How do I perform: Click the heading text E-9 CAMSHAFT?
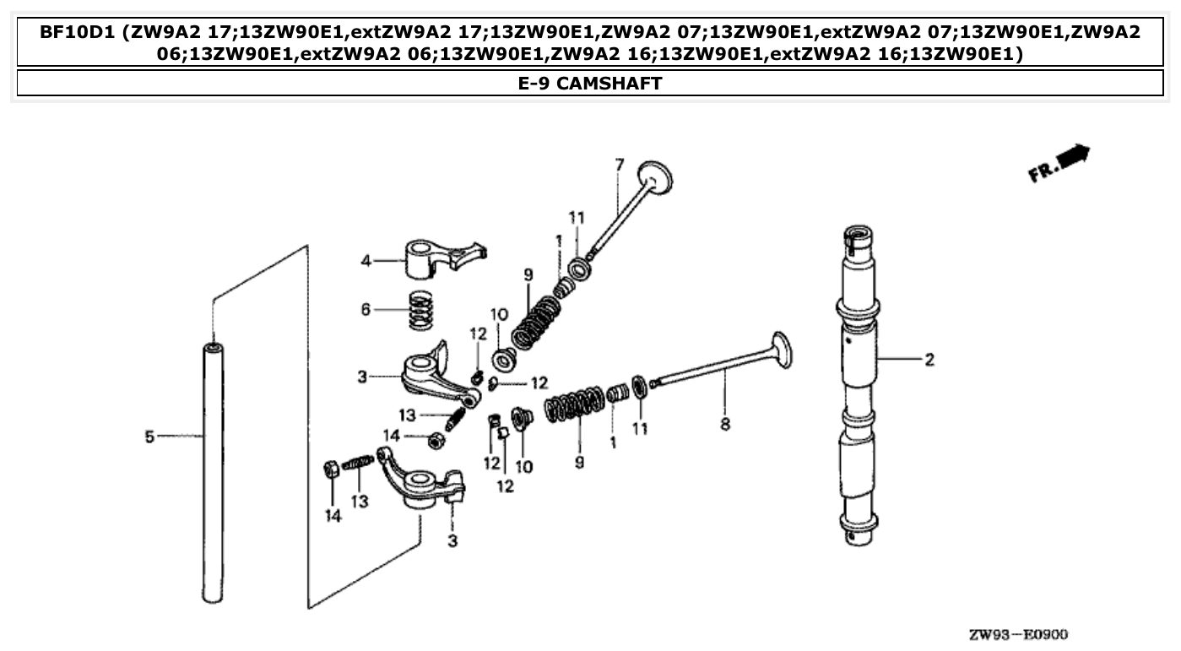point(590,83)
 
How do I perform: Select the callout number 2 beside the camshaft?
point(929,361)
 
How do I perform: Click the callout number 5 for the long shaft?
point(149,437)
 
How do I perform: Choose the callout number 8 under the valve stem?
point(724,425)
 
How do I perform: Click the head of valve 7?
point(658,176)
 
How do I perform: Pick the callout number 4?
point(366,261)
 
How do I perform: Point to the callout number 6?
point(366,310)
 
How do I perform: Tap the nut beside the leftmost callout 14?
point(332,469)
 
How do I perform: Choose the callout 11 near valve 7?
point(577,218)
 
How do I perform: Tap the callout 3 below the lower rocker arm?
point(452,540)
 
